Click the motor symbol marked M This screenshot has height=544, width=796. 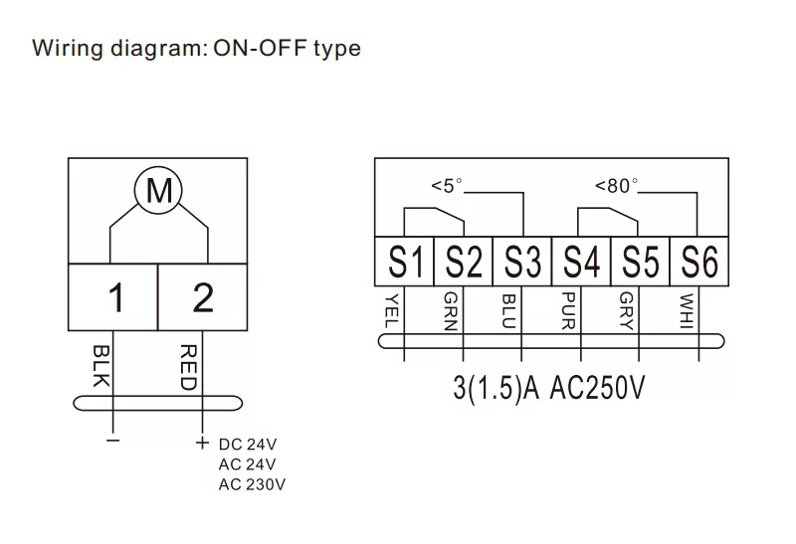tap(159, 190)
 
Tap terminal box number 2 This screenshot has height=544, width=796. tap(203, 297)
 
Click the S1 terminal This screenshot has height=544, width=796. tap(405, 264)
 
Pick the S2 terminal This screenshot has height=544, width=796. tap(464, 264)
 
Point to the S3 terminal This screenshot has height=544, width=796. tap(522, 264)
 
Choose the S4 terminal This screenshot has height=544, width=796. tap(581, 264)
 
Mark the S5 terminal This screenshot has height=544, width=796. tap(640, 264)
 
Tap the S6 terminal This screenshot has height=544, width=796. tap(699, 264)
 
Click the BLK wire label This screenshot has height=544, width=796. tap(100, 366)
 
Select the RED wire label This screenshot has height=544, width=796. tap(189, 366)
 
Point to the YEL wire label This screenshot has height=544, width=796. tap(391, 309)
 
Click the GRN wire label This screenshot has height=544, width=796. tap(451, 309)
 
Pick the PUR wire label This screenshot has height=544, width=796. tap(568, 309)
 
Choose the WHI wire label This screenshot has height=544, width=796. tap(687, 309)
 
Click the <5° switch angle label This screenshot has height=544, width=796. tap(447, 185)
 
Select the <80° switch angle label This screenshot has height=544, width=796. tap(616, 185)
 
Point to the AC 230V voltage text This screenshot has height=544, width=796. tap(253, 484)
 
